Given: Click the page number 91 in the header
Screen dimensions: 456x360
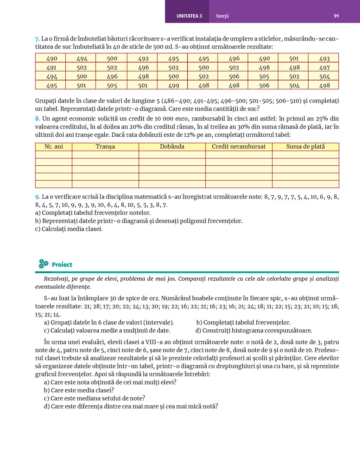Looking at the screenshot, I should pyautogui.click(x=336, y=16).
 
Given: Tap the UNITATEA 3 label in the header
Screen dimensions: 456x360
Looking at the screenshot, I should pyautogui.click(x=189, y=16).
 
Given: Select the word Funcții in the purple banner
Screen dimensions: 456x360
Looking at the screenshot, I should pyautogui.click(x=222, y=16).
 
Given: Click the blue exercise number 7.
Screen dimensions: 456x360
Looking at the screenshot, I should pyautogui.click(x=37, y=39).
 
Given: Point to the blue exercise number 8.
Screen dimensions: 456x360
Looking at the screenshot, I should pyautogui.click(x=37, y=119).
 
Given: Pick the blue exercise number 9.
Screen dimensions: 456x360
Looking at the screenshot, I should pyautogui.click(x=37, y=197).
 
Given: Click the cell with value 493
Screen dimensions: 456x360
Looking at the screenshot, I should pyautogui.click(x=324, y=59).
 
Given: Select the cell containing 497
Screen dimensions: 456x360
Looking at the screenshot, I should pyautogui.click(x=324, y=67).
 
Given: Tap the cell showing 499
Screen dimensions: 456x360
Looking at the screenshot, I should pyautogui.click(x=173, y=85).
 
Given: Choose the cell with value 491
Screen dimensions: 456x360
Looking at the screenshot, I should pyautogui.click(x=51, y=67).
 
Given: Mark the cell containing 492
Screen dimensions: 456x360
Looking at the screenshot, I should pyautogui.click(x=143, y=59).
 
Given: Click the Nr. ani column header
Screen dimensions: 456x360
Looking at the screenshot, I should pyautogui.click(x=54, y=146).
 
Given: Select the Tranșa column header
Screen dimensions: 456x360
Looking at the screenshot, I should pyautogui.click(x=105, y=146).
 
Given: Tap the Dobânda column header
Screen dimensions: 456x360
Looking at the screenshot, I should pyautogui.click(x=172, y=146).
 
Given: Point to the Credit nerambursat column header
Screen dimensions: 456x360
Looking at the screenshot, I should pyautogui.click(x=239, y=146).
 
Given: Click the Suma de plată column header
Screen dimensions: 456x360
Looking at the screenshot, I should pyautogui.click(x=305, y=146).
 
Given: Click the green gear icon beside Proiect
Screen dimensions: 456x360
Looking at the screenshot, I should pyautogui.click(x=43, y=264).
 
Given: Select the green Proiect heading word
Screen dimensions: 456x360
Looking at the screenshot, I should pyautogui.click(x=62, y=265).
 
